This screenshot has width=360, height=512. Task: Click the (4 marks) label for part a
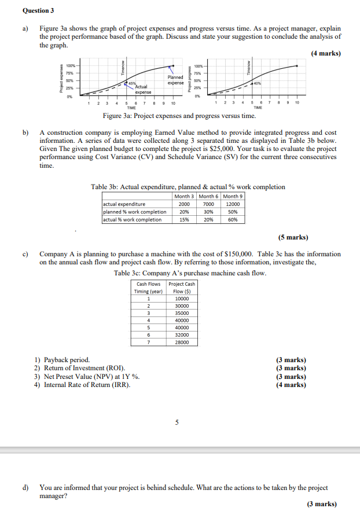(x=325, y=54)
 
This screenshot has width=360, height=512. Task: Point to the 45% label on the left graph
(x=133, y=83)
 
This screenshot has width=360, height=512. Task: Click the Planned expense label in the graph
(x=175, y=80)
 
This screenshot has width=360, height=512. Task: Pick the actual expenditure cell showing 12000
(x=233, y=204)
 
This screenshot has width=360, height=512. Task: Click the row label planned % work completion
(x=134, y=211)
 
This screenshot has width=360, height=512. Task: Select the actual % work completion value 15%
(x=185, y=219)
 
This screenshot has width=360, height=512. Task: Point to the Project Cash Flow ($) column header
(x=181, y=288)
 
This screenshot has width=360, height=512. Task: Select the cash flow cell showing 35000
(x=181, y=312)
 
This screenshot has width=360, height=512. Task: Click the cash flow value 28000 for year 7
(x=181, y=342)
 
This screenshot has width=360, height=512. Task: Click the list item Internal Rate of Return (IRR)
(x=87, y=384)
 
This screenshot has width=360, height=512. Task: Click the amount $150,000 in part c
(x=237, y=254)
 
